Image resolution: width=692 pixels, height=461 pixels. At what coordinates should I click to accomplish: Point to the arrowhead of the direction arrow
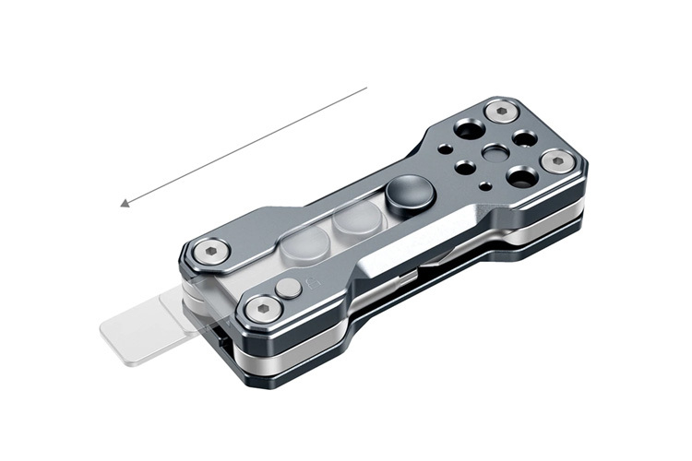(x=125, y=205)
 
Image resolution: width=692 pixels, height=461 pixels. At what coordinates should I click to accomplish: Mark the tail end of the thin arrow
(x=366, y=89)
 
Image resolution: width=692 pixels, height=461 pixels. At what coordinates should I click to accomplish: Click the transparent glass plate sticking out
(x=138, y=328)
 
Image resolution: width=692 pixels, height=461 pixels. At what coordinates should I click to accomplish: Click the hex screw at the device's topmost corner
(x=501, y=112)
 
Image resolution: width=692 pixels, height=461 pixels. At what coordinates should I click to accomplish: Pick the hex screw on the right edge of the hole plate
(x=557, y=162)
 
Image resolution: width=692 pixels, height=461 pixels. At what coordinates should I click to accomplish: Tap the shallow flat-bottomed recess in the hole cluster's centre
(x=495, y=153)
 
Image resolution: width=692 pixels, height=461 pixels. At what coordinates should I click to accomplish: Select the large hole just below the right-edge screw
(x=521, y=177)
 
